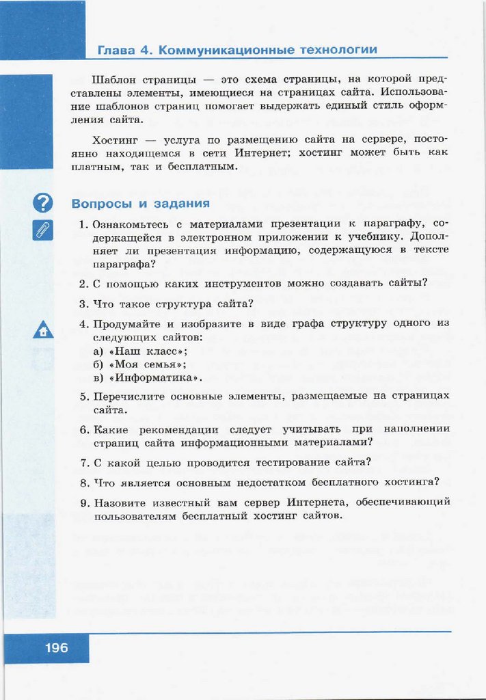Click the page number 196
click(57, 647)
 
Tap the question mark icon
click(42, 203)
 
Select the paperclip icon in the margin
click(42, 230)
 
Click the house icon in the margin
click(42, 331)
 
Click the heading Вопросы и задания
click(141, 204)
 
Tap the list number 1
click(82, 224)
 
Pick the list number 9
click(82, 502)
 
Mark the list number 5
click(82, 396)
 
